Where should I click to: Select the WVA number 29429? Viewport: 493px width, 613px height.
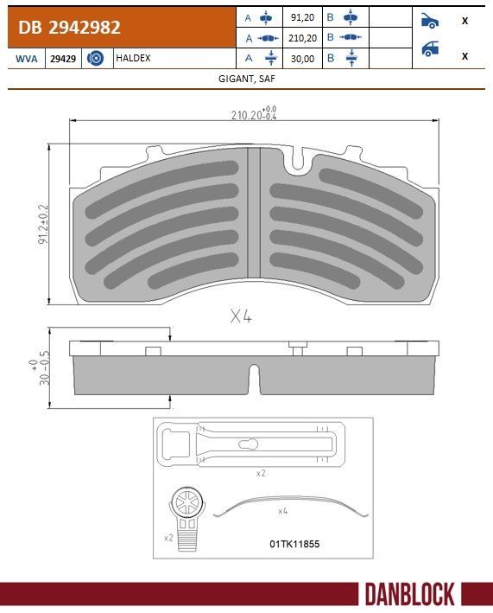point(61,58)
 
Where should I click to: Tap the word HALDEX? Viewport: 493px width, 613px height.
point(133,58)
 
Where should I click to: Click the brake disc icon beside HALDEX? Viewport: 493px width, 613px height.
point(96,58)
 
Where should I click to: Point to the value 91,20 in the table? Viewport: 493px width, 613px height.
point(303,17)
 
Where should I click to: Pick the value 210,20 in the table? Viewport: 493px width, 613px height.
point(303,38)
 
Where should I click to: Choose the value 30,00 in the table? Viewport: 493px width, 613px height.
point(303,58)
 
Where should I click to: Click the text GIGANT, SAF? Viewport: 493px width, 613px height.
point(247,78)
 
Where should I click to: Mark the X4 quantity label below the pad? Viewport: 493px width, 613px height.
point(241,316)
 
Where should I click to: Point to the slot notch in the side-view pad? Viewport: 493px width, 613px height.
point(253,377)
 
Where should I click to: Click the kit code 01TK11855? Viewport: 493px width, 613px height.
point(294,544)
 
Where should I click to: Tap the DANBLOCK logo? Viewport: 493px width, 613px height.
point(408,594)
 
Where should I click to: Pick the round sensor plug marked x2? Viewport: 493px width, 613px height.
point(186,506)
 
